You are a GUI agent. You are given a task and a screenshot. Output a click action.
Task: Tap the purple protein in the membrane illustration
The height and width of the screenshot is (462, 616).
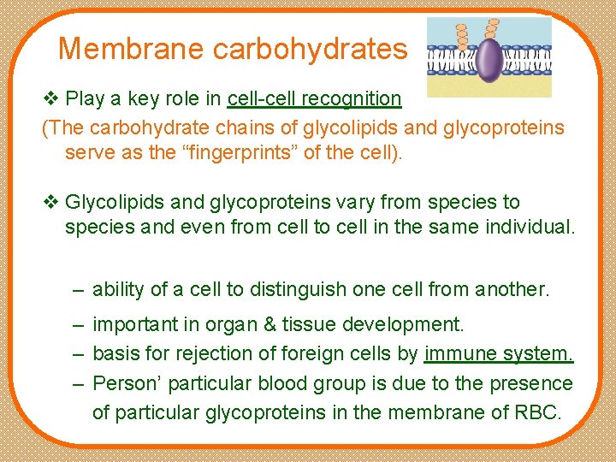pos(489,59)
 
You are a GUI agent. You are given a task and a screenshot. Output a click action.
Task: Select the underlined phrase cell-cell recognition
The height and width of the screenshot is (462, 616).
pos(314,99)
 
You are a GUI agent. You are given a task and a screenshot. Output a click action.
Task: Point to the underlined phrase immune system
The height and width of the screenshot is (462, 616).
pos(498,354)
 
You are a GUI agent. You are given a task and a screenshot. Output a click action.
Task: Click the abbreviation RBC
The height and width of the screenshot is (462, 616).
pos(536,412)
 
